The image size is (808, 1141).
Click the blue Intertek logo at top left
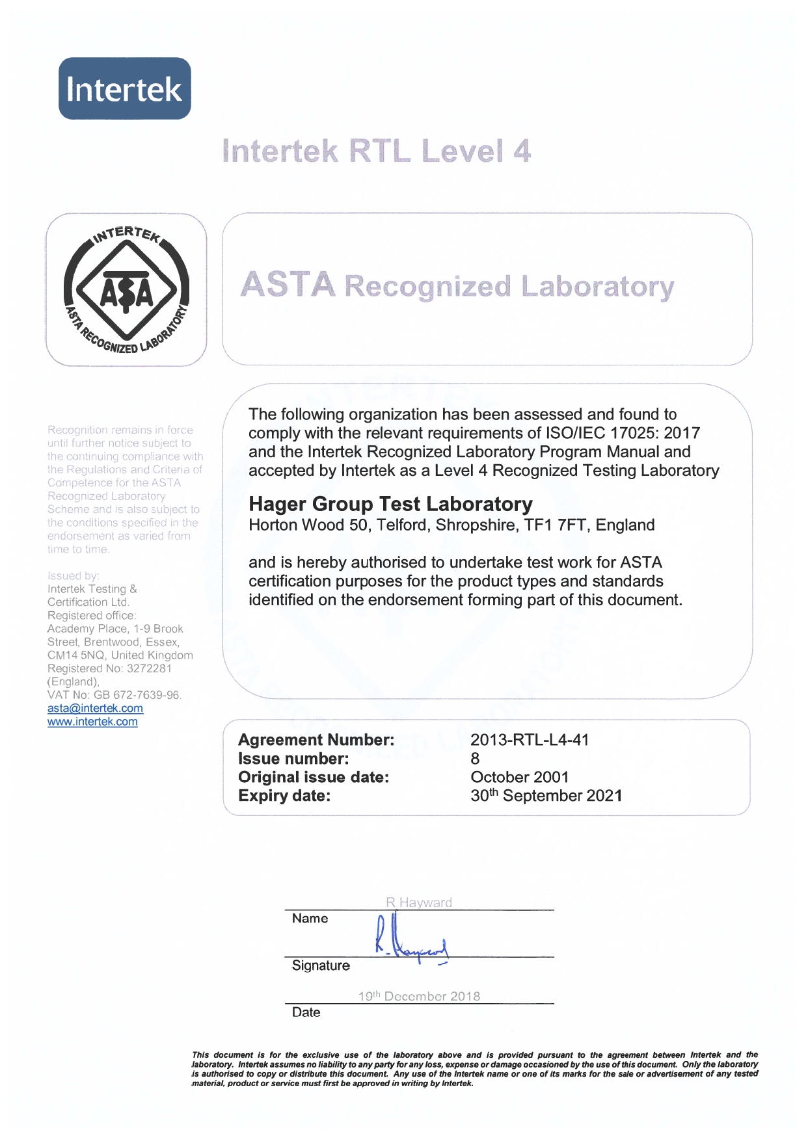(x=124, y=88)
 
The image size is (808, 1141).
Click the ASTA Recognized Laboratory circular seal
(x=126, y=290)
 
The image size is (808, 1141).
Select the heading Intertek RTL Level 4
(x=376, y=151)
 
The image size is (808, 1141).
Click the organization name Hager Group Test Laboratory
(x=390, y=504)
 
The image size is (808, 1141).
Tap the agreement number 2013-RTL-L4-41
(x=530, y=740)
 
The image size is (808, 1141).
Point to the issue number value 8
(x=475, y=759)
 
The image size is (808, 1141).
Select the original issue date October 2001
(x=519, y=777)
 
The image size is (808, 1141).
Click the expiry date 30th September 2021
(x=546, y=796)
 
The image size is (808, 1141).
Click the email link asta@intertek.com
(x=95, y=708)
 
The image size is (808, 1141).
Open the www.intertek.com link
(x=92, y=722)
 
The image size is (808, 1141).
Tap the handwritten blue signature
(x=410, y=939)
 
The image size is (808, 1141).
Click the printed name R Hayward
(x=419, y=902)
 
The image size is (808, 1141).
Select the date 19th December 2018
(x=419, y=996)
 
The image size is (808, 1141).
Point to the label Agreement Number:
(x=316, y=740)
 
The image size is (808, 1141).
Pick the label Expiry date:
(x=284, y=796)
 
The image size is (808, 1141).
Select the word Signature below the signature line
(x=321, y=965)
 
